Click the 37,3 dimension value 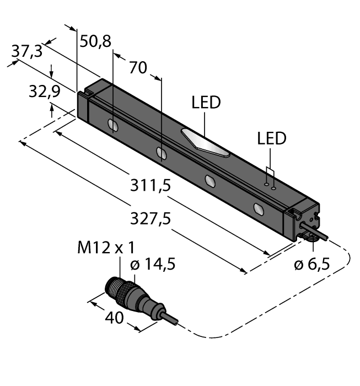pyautogui.click(x=26, y=51)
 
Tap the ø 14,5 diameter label pyautogui.click(x=153, y=265)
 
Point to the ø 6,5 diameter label pyautogui.click(x=311, y=264)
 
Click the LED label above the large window pyautogui.click(x=206, y=103)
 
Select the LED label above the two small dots pyautogui.click(x=272, y=138)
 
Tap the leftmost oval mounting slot pyautogui.click(x=112, y=126)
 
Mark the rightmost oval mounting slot pyautogui.click(x=258, y=208)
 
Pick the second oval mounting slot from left pyautogui.click(x=161, y=153)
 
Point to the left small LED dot pyautogui.click(x=266, y=184)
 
